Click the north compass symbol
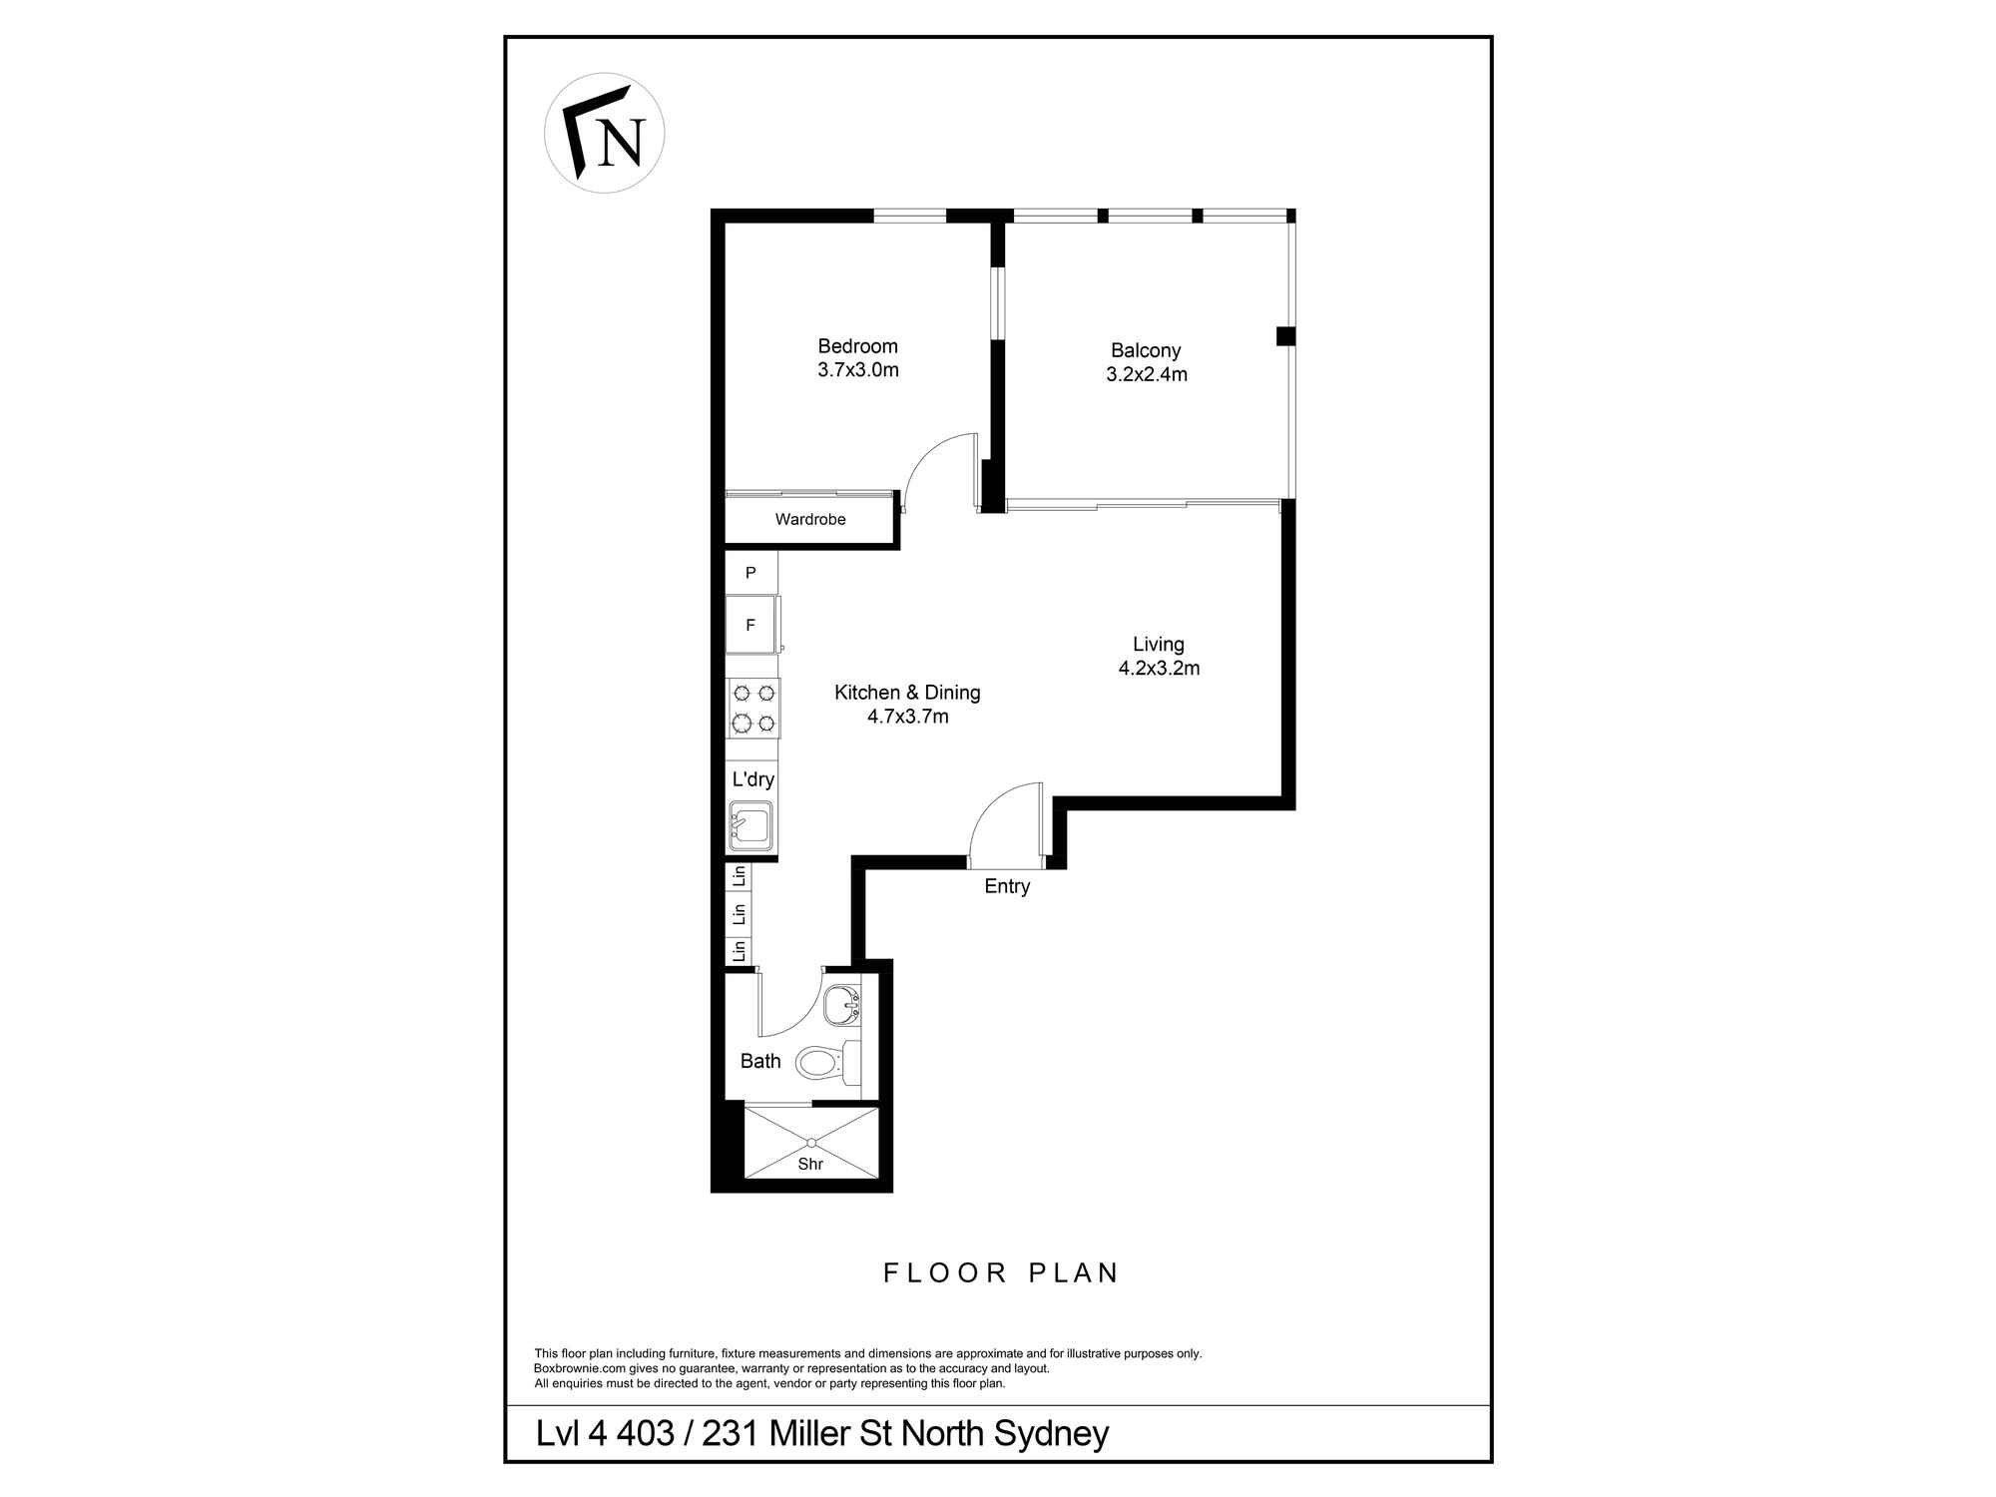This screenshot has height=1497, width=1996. pos(604,133)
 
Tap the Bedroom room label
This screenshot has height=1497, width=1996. pos(857,346)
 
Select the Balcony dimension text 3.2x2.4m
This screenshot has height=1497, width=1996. pos(1146,375)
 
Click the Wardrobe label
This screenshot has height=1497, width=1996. pos(810,519)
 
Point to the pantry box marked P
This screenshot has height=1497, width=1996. pos(750,573)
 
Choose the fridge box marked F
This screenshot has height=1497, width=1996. pos(750,626)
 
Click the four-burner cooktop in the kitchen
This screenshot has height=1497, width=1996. pos(753,708)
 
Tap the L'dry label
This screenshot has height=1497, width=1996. pos(752,779)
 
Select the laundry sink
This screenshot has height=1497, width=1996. pos(750,826)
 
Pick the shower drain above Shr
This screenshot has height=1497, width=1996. pos(811,1143)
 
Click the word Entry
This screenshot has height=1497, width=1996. pos(1006,886)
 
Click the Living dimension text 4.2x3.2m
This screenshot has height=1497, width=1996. pos(1159,669)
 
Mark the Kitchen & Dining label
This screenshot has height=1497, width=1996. pos(907,693)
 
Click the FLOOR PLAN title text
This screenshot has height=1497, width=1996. pos(1001,1273)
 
